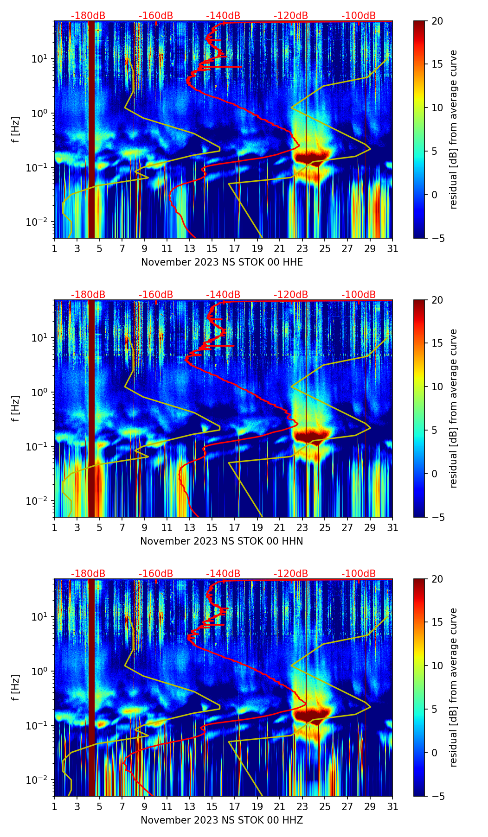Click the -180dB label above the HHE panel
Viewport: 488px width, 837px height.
(88, 16)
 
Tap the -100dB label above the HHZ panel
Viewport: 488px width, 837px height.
(359, 574)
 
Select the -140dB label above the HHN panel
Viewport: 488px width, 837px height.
(223, 295)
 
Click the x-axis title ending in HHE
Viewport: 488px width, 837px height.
(222, 262)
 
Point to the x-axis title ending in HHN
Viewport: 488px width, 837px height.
(222, 541)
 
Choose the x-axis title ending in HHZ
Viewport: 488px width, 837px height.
(222, 820)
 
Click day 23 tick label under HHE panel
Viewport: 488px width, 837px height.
(302, 249)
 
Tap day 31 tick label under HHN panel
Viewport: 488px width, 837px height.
(392, 528)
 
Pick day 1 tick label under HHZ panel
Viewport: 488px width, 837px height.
(54, 807)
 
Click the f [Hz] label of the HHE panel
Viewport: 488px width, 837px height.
(16, 130)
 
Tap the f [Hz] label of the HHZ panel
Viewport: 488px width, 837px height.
(16, 688)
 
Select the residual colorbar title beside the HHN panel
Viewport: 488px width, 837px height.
(453, 408)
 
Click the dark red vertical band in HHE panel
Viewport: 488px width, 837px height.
(91, 130)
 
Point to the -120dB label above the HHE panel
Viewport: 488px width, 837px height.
(291, 16)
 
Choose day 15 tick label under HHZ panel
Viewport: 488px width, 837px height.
(212, 807)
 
